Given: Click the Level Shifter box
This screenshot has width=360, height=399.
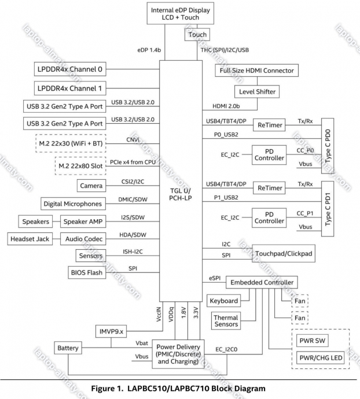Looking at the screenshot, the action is coord(257,91).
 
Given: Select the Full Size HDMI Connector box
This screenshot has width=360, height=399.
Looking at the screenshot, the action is coord(256,71).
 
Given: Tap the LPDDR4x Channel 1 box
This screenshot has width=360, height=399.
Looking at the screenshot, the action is coord(70,88).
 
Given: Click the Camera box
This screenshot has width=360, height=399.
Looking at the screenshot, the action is coord(91,186).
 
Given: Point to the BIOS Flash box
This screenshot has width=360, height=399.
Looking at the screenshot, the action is coord(87,272).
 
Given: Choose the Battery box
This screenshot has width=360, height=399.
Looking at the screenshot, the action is coord(68,348).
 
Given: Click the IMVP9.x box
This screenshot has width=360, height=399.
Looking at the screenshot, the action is coord(111,331).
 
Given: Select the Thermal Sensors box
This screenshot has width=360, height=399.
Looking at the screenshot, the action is coord(226,321).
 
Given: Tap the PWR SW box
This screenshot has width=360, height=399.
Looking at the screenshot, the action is coord(313,341).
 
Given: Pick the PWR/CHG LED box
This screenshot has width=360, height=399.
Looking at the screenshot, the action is coord(321,358).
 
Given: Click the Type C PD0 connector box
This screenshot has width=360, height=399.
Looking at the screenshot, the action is coord(328,146).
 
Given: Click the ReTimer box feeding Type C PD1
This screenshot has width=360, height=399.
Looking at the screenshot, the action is coord(269,188).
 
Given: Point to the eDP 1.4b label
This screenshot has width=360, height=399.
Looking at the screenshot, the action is coord(149,50).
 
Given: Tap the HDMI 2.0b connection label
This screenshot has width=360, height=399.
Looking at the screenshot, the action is coord(226,106).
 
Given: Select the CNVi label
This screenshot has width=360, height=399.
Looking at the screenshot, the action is coord(133,140).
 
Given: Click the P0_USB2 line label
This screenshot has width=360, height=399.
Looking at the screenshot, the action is coord(226,135).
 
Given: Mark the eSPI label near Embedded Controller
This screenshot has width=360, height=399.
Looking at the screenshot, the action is coord(215,278).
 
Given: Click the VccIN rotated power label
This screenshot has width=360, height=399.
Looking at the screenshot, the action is coord(159,314).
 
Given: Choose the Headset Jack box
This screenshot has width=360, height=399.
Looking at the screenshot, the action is coord(30,239).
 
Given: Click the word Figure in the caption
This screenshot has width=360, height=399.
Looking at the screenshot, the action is coord(103,389).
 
